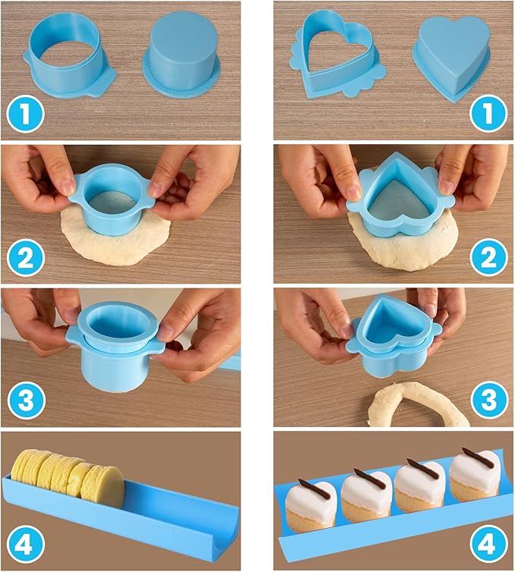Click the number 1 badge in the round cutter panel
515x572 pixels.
point(25,115)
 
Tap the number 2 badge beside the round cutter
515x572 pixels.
point(26,259)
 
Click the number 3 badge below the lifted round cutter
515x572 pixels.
point(26,401)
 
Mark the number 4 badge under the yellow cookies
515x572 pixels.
point(26,544)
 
